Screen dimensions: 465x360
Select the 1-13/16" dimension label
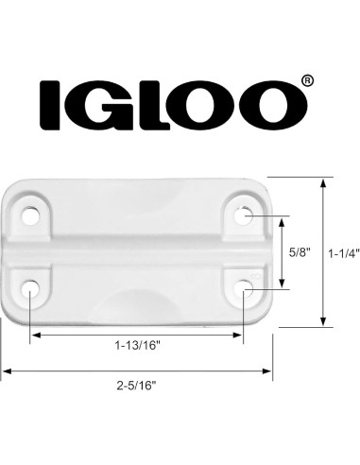[138, 347]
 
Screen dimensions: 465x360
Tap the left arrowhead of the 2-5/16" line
[6, 370]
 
